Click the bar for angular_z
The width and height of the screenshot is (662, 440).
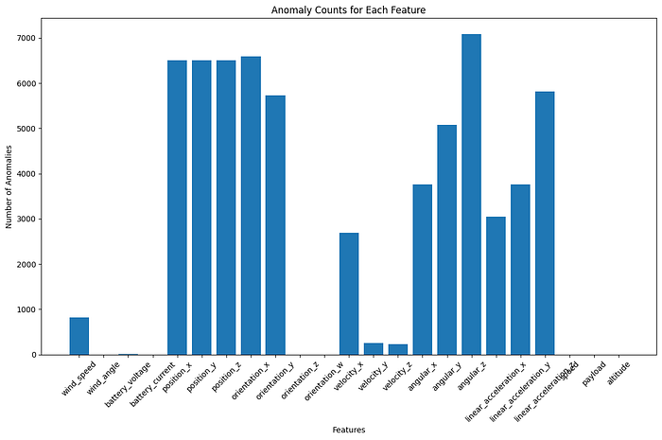pos(472,194)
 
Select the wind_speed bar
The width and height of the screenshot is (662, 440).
pos(79,336)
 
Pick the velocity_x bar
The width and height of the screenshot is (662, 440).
pos(349,293)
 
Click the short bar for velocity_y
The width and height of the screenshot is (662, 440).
pos(374,349)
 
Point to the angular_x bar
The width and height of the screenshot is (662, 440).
pos(423,270)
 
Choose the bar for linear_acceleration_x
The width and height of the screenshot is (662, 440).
pos(520,270)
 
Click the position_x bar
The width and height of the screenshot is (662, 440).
pos(177,207)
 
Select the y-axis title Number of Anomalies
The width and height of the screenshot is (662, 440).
pos(9,186)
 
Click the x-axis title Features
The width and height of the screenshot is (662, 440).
pos(349,430)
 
